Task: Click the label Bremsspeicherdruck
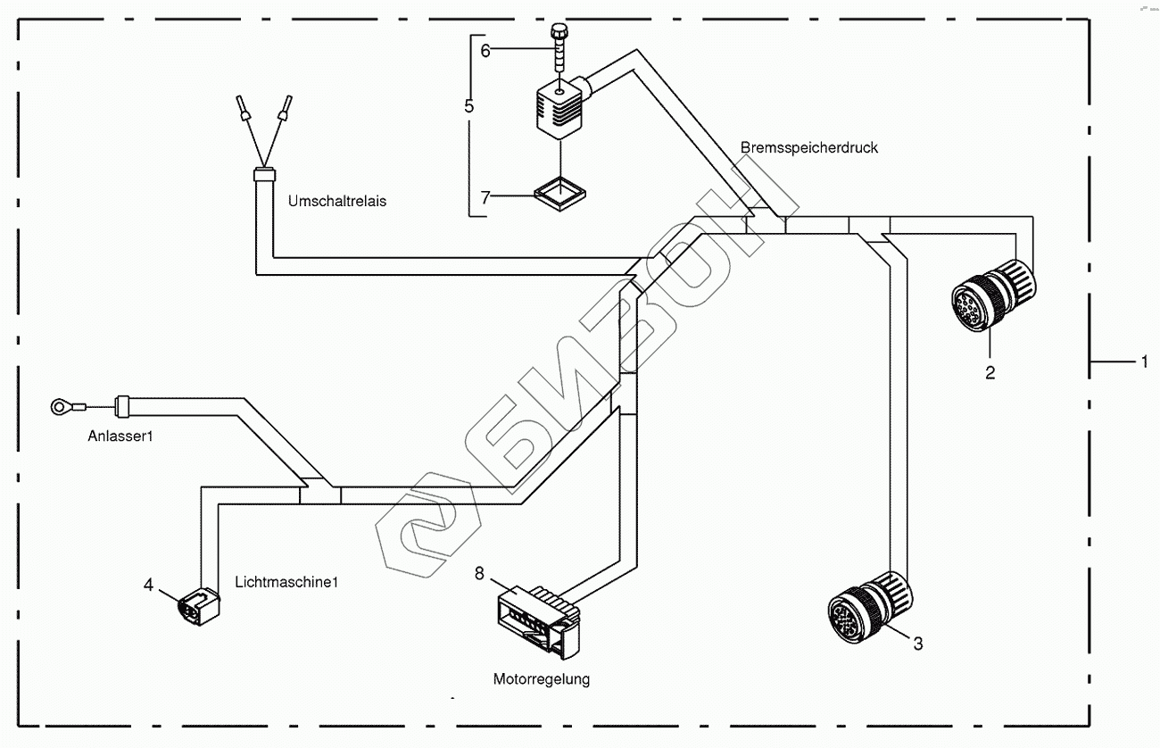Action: [x=808, y=147]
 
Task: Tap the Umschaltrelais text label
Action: [x=336, y=201]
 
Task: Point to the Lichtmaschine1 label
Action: [x=287, y=582]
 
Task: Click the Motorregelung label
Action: [x=542, y=679]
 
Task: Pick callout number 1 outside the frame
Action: [x=1143, y=362]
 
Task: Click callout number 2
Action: [x=990, y=373]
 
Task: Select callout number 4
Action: [x=149, y=585]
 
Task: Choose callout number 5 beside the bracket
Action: [x=469, y=105]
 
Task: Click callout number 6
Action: [x=485, y=50]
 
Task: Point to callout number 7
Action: [x=485, y=198]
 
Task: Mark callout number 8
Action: [x=480, y=573]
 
